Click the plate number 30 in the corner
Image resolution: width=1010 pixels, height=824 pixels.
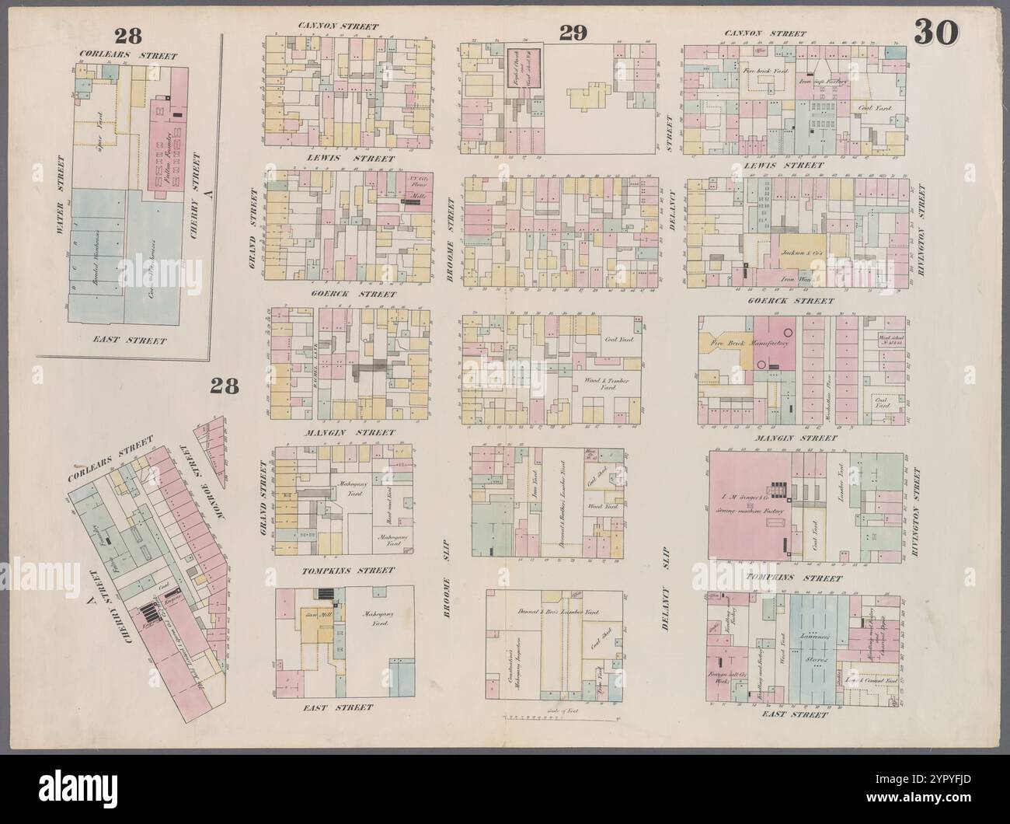[x=936, y=32]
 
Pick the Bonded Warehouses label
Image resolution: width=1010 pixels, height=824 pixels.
[x=92, y=258]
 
